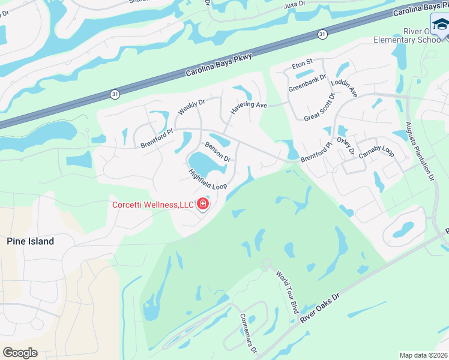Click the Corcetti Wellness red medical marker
pos(203,205)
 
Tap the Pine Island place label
pos(30,241)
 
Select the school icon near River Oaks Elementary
pos(441,26)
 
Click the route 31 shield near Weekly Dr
pos(115,94)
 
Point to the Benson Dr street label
pos(218,152)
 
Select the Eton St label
pos(303,62)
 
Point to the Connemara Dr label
pos(248,333)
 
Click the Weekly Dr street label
pos(191,107)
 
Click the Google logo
pos(20,353)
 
